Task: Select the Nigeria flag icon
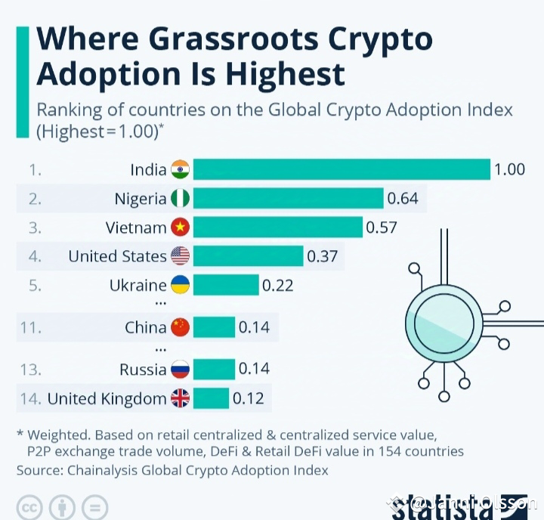pyautogui.click(x=181, y=199)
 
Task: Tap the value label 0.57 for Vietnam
pyautogui.click(x=382, y=227)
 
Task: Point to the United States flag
pyautogui.click(x=181, y=256)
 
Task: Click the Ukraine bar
pyautogui.click(x=226, y=286)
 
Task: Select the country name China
pyautogui.click(x=146, y=327)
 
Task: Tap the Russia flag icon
pyautogui.click(x=181, y=370)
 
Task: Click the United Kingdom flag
pyautogui.click(x=181, y=398)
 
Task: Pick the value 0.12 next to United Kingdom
pyautogui.click(x=248, y=398)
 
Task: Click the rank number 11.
pyautogui.click(x=30, y=327)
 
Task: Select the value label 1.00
pyautogui.click(x=509, y=169)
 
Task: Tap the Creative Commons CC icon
pyautogui.click(x=30, y=506)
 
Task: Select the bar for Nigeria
pyautogui.click(x=289, y=199)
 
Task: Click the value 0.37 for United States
pyautogui.click(x=322, y=256)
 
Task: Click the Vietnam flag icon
pyautogui.click(x=181, y=227)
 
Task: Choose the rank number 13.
pyautogui.click(x=30, y=370)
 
